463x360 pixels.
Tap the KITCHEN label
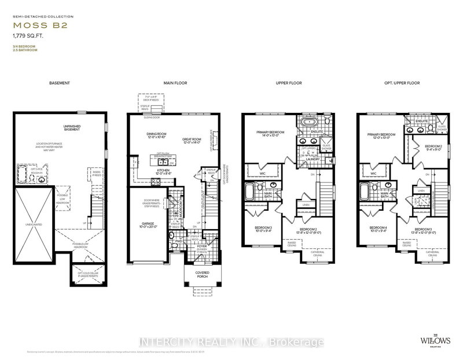point(163,171)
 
